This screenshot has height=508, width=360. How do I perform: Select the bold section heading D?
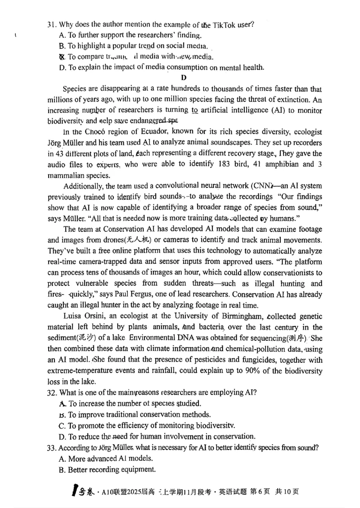point(183,78)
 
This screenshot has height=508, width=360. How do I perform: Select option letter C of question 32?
point(62,425)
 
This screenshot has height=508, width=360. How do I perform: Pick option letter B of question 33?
point(62,469)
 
